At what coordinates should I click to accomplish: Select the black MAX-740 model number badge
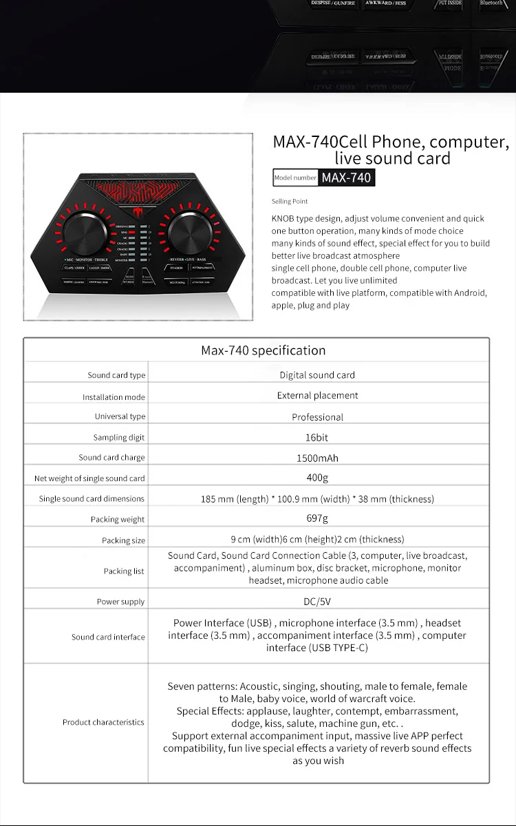(x=347, y=178)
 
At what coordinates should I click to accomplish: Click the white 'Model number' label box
(x=296, y=178)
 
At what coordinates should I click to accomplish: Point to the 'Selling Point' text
(x=290, y=201)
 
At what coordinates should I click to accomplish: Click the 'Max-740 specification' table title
(x=263, y=350)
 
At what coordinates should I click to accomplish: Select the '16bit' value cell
(x=317, y=437)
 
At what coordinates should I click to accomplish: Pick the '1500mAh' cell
(x=317, y=458)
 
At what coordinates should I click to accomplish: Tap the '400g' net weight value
(x=317, y=478)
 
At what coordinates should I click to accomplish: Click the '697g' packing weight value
(x=317, y=519)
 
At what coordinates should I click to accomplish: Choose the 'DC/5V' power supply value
(x=317, y=602)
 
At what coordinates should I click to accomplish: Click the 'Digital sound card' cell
(x=317, y=375)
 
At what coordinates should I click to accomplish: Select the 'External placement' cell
(x=317, y=396)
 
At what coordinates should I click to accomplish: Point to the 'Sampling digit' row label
(x=119, y=438)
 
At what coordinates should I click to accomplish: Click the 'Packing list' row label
(x=124, y=571)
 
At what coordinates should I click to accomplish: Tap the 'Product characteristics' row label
(x=103, y=722)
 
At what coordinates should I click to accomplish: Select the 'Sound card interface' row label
(x=108, y=637)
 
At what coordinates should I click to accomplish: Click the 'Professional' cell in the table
(x=317, y=417)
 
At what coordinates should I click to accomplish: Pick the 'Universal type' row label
(x=120, y=416)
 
